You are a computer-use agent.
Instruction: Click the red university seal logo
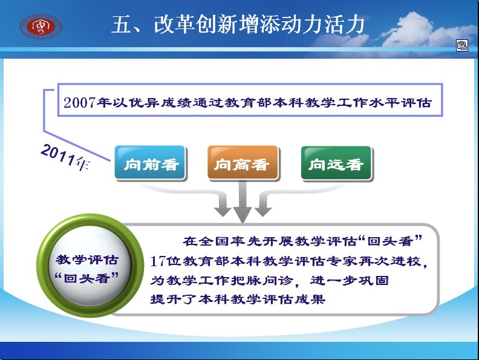coord(41,26)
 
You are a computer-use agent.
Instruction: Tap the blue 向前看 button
coord(150,163)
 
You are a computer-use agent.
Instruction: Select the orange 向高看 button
coord(243,163)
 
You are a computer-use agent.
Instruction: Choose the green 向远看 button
coord(336,163)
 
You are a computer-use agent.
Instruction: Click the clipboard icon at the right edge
coord(462,45)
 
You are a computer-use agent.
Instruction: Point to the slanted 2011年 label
coord(65,157)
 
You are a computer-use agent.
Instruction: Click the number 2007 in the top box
coord(80,102)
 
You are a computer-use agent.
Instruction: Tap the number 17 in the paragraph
coord(158,261)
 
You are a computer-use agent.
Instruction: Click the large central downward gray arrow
coord(243,201)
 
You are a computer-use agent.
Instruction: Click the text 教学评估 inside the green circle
coord(87,260)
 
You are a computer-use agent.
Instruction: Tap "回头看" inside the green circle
coord(86,278)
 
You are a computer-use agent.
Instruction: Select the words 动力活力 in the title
coord(322,24)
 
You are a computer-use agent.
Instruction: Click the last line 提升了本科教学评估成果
coord(238,299)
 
